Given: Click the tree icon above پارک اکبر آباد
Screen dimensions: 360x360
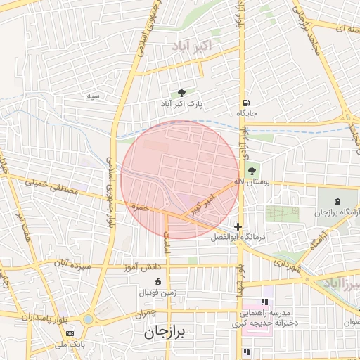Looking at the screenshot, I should (x=183, y=93).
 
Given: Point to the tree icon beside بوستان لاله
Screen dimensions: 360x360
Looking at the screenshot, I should (x=252, y=171).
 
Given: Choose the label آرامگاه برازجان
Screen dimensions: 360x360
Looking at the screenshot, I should (x=331, y=212).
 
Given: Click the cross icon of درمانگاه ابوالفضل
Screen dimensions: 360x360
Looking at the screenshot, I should (x=239, y=227).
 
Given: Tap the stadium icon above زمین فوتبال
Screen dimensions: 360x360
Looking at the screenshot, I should (x=157, y=282).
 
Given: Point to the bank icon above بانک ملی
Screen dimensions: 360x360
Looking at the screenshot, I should (x=69, y=333).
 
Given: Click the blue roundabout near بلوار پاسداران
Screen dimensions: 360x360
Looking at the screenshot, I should (x=87, y=319).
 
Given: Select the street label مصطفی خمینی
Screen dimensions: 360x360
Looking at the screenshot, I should (x=50, y=186).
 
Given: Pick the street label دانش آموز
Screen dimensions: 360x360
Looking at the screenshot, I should (x=146, y=267).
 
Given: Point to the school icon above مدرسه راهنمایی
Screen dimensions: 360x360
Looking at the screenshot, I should (x=264, y=302).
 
